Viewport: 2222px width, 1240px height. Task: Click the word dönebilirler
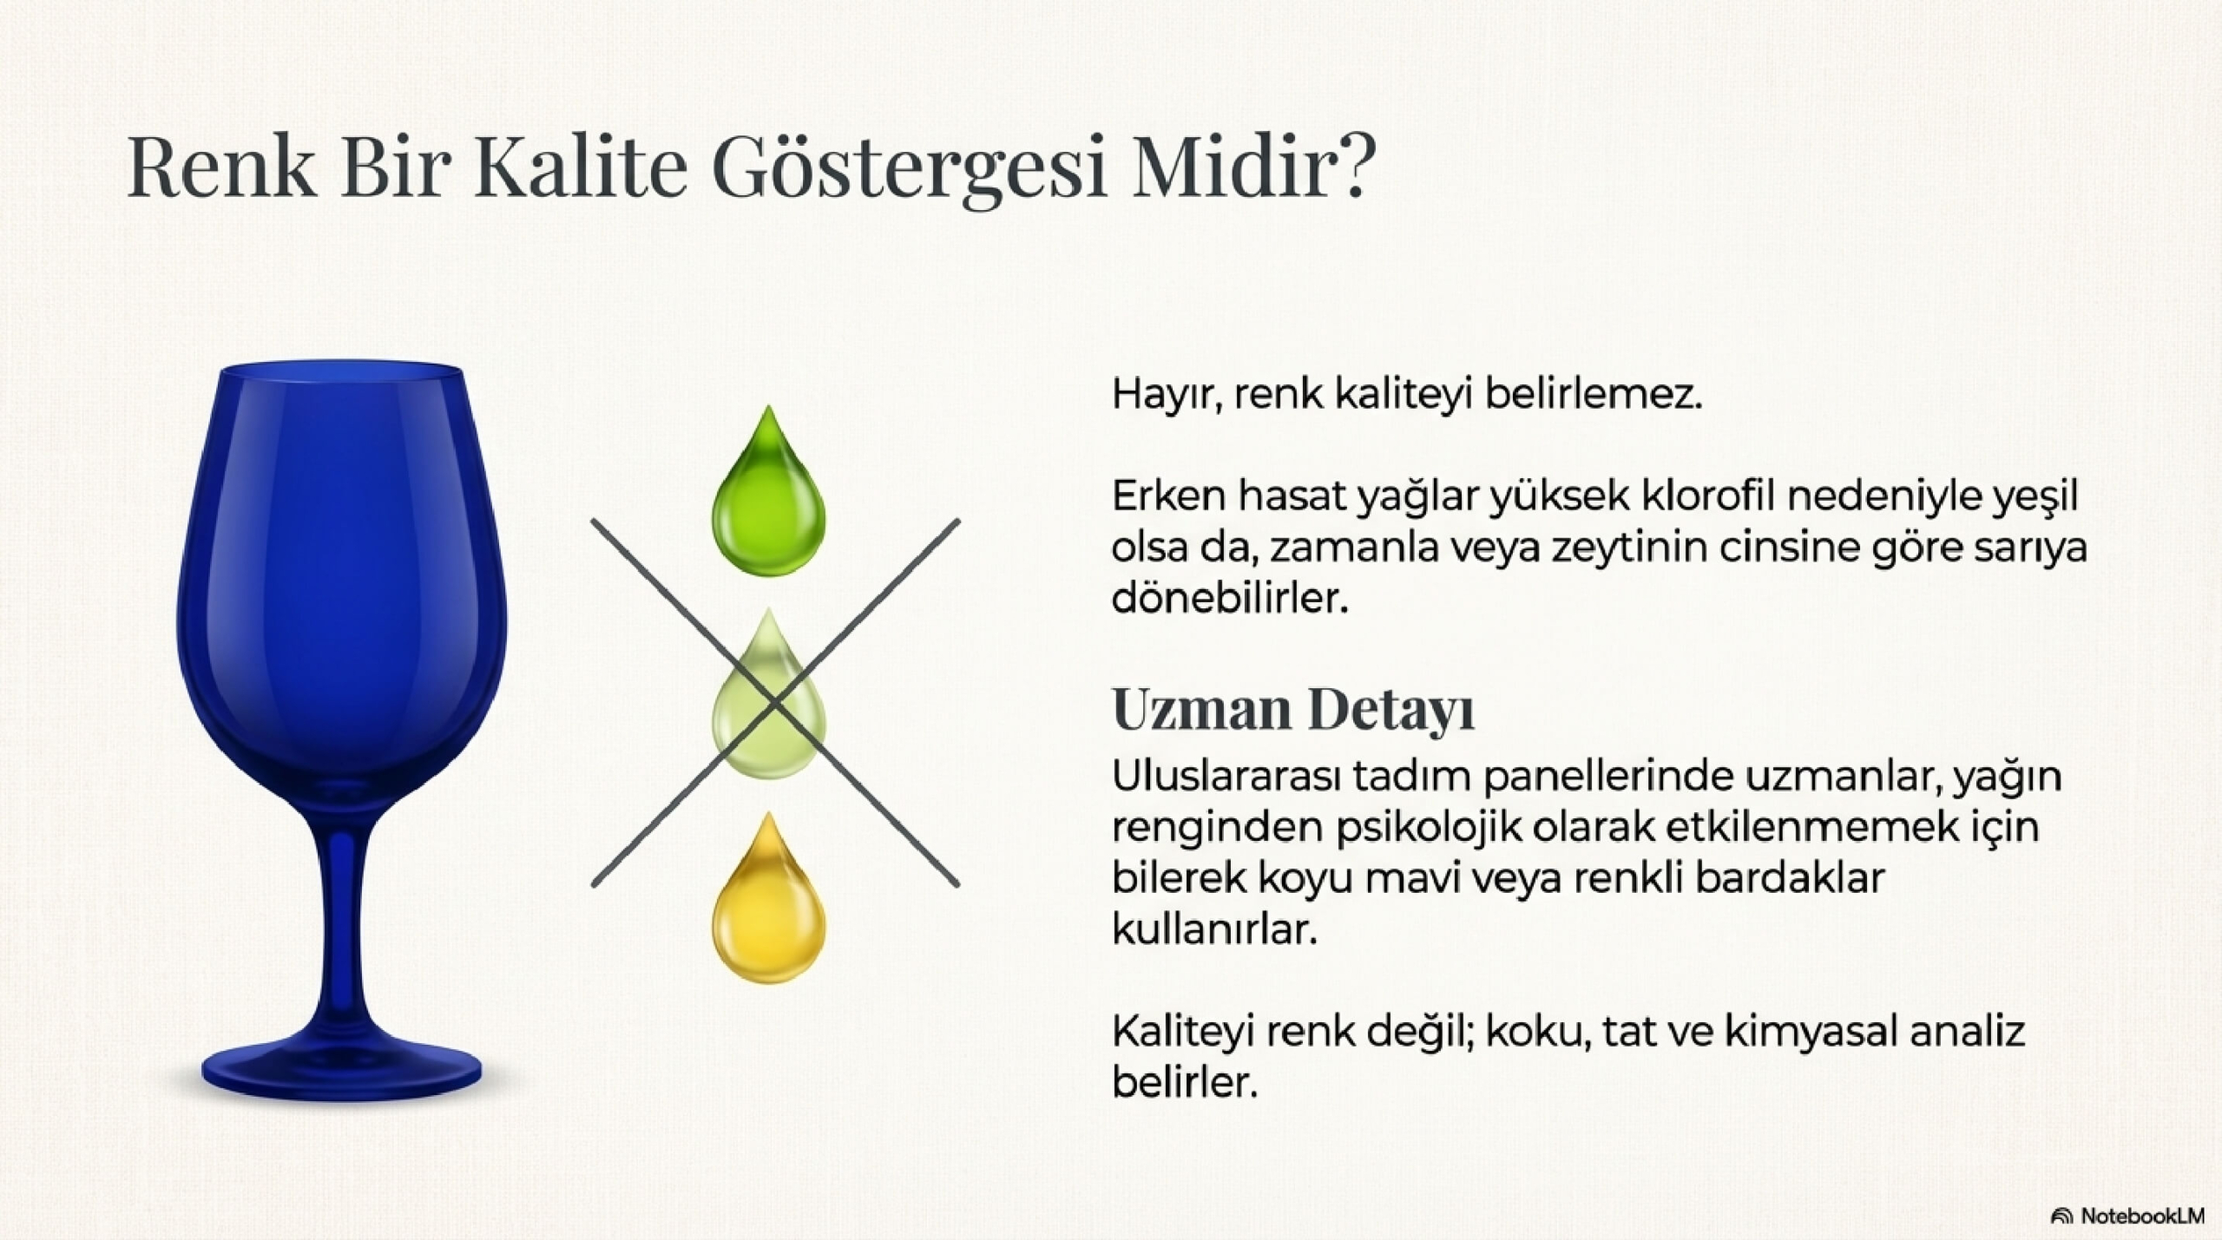click(x=1230, y=599)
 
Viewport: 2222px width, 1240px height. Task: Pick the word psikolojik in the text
click(x=1429, y=829)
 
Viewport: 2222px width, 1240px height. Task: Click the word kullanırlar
click(x=1214, y=930)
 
